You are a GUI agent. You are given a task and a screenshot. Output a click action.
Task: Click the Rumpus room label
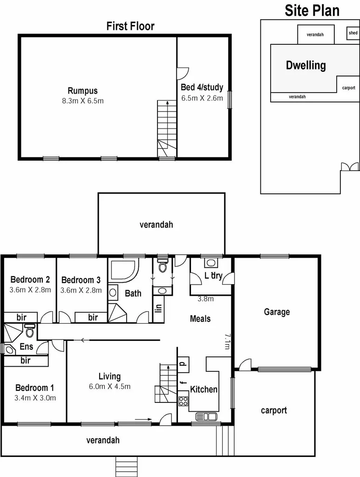click(82, 91)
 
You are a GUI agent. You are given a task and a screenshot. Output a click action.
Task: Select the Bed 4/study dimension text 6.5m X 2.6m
click(202, 98)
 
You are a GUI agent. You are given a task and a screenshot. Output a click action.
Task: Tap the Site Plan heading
click(312, 10)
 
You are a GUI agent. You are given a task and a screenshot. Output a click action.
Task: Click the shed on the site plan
click(353, 33)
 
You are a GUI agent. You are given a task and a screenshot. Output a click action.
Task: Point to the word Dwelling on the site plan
click(306, 65)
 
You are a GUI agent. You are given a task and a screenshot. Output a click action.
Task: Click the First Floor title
click(130, 26)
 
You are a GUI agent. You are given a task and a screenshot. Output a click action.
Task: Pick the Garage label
click(277, 312)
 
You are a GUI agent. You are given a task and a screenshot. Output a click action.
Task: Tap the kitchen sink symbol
click(206, 416)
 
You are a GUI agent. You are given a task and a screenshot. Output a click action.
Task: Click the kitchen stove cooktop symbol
click(183, 401)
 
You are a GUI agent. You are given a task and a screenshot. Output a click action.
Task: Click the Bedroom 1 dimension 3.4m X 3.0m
click(35, 397)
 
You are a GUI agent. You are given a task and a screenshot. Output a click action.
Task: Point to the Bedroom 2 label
click(30, 279)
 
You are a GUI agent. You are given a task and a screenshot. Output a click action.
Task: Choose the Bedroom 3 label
click(81, 280)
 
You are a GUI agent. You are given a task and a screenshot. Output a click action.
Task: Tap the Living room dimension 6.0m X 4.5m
click(109, 386)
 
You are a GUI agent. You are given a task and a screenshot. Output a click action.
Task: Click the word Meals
click(200, 319)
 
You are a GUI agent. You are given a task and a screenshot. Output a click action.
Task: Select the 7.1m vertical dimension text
click(227, 341)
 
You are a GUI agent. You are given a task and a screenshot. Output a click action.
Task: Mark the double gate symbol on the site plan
click(350, 166)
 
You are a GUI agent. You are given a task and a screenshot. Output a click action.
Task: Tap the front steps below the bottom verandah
click(127, 466)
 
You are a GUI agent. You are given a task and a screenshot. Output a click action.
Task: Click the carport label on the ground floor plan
click(274, 410)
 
